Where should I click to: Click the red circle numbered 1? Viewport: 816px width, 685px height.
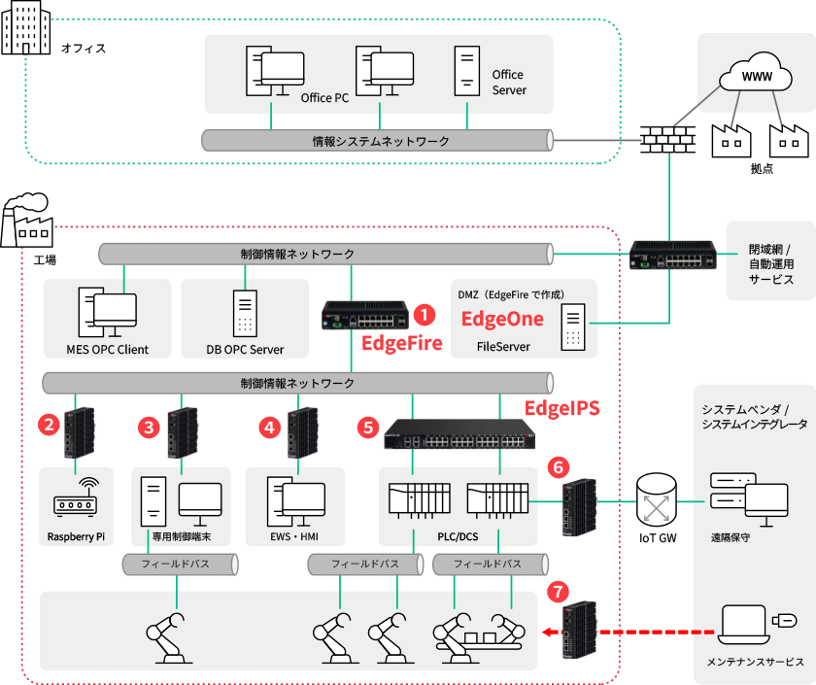[424, 315]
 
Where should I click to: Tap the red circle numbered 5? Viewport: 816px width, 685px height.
[366, 426]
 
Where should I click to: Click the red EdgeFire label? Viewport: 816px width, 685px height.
[401, 343]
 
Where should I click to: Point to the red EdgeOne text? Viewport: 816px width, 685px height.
[501, 319]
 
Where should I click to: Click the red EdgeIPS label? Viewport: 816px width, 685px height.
[562, 408]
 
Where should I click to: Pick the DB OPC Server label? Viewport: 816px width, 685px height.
[245, 350]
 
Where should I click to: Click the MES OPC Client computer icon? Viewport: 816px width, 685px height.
[107, 312]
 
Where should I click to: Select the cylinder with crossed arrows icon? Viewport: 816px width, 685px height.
[657, 500]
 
